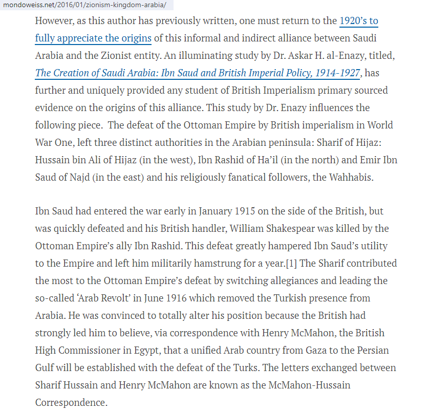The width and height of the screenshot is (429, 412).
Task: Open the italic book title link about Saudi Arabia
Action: click(198, 73)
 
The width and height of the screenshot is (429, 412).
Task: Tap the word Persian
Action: click(370, 350)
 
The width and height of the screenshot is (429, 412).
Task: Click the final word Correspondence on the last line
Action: click(71, 402)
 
